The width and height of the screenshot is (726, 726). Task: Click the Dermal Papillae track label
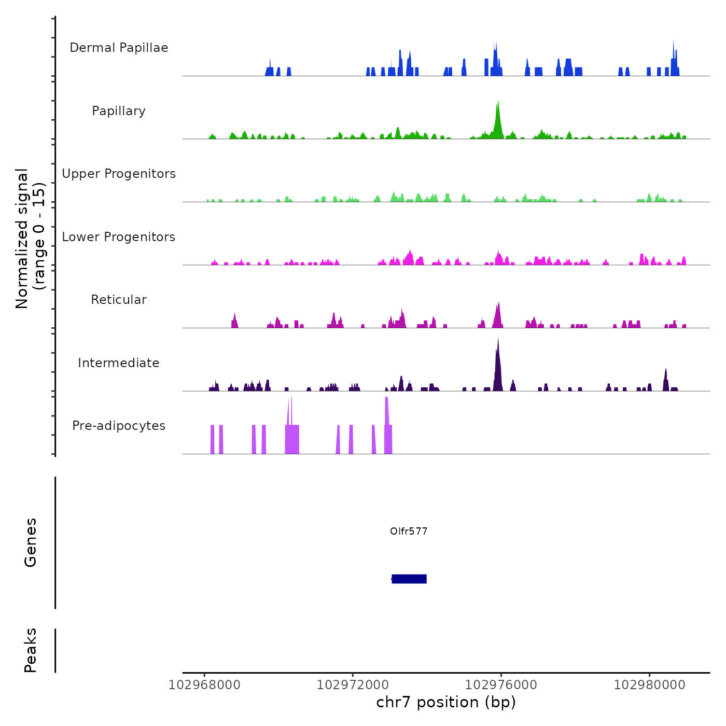click(119, 48)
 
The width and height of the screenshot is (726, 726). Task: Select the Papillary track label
click(119, 111)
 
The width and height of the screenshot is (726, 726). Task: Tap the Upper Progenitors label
click(119, 174)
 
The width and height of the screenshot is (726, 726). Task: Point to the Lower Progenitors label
click(119, 237)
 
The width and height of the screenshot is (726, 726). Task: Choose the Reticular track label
click(119, 300)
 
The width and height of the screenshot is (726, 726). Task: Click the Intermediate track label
click(119, 363)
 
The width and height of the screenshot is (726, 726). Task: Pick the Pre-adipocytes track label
click(119, 426)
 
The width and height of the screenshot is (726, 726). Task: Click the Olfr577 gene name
click(409, 531)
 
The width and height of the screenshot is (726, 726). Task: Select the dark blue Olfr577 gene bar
click(409, 579)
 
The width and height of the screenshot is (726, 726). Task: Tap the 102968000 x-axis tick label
click(205, 685)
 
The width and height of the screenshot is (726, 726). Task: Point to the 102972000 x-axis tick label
click(353, 685)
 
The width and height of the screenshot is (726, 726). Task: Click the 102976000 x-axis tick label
click(501, 685)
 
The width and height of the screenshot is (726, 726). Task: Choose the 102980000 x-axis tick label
click(650, 685)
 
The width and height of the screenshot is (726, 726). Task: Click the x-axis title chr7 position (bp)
click(446, 702)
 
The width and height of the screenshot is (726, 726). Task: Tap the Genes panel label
click(31, 542)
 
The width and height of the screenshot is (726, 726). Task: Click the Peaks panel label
click(31, 650)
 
